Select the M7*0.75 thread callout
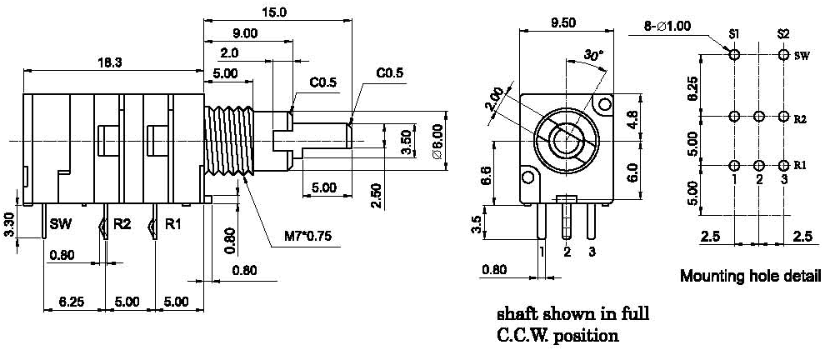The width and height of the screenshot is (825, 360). [307, 237]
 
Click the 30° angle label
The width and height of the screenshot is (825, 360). [592, 55]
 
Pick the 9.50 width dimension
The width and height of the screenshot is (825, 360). [563, 22]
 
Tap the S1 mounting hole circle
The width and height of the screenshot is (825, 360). [734, 55]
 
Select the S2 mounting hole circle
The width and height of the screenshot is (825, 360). [783, 55]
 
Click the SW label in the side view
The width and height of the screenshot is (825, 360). [60, 224]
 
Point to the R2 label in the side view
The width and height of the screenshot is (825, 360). [122, 224]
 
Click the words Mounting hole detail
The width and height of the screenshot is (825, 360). [751, 275]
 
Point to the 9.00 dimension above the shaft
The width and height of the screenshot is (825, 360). [244, 32]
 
